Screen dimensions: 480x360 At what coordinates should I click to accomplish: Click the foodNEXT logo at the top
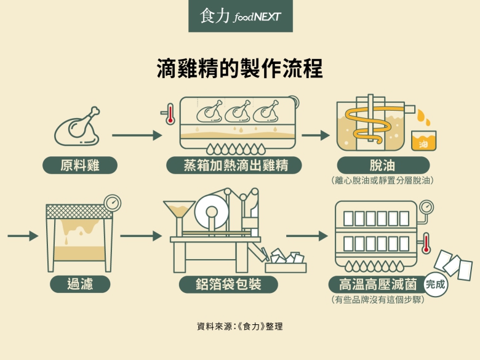point(240,15)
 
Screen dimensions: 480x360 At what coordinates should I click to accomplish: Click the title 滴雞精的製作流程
point(240,68)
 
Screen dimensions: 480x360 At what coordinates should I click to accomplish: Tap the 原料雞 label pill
point(80,166)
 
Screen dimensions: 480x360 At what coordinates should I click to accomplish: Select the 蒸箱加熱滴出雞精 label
point(234,166)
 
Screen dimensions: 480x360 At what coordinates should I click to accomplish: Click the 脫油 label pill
point(383,166)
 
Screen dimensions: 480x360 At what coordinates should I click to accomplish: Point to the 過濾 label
point(80,284)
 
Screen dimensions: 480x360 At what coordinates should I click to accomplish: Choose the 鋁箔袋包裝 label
point(228,284)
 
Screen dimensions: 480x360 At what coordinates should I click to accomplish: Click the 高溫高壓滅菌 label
point(378,284)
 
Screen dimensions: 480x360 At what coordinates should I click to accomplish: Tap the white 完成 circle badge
point(435,285)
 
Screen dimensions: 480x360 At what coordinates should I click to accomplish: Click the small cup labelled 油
point(423,141)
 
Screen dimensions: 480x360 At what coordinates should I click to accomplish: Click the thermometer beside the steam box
point(169,114)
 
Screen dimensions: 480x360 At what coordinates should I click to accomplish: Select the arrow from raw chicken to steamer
point(137,135)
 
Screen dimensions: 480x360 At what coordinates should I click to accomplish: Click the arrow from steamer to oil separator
point(315,135)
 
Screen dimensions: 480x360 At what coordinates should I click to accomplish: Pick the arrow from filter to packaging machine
point(141,236)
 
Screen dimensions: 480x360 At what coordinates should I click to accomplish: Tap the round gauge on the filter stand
point(113,203)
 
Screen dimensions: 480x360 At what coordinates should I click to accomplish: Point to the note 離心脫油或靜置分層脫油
point(382,180)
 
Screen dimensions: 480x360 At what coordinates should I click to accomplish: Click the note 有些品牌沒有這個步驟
point(378,300)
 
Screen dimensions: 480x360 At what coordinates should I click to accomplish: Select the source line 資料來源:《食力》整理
point(240,326)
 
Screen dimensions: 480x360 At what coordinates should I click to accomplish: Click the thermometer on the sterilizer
point(425,243)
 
